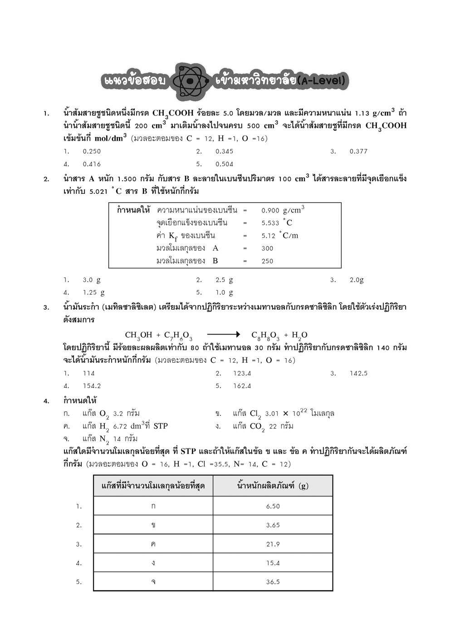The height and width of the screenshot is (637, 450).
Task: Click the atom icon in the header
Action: click(191, 81)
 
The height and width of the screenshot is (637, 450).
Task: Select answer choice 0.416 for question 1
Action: click(92, 164)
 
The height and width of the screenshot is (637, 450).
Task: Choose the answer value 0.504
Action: click(224, 164)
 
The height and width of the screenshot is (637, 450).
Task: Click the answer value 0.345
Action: click(224, 151)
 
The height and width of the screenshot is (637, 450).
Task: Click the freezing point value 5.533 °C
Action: click(277, 223)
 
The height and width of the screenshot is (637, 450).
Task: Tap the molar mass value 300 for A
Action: click(267, 248)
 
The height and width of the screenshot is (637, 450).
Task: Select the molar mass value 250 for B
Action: click(267, 261)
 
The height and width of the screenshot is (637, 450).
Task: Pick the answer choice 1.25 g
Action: click(93, 292)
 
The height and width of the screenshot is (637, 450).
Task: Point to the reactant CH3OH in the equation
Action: click(138, 336)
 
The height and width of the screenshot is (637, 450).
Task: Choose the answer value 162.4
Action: click(242, 386)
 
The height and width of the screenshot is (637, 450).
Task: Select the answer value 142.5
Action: click(358, 373)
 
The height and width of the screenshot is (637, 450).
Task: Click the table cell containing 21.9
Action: click(273, 544)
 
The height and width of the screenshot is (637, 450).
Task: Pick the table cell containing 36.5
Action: click(273, 582)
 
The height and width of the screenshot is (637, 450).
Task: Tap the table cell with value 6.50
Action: click(273, 506)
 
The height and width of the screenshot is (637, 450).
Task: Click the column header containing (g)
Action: click(273, 486)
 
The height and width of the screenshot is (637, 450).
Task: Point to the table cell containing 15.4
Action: click(273, 563)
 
